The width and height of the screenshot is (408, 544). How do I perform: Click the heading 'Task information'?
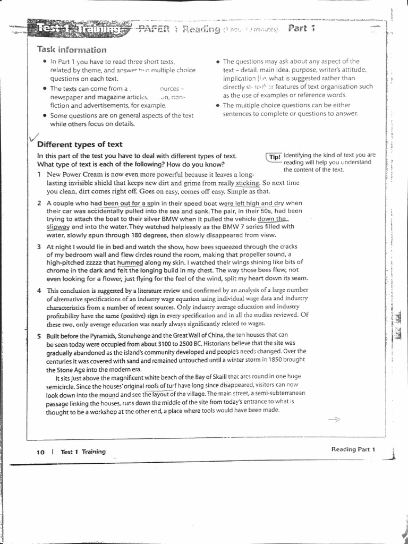point(71,50)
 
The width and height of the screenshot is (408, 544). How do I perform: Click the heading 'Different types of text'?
point(80,144)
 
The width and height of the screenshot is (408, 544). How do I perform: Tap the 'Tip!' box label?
point(274,157)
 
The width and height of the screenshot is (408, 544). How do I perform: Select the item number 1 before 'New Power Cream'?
point(39,174)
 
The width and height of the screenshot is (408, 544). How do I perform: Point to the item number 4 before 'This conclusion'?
point(39,291)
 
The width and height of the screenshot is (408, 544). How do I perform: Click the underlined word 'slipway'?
point(58,226)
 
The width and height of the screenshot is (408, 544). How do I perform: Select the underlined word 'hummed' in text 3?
point(130,262)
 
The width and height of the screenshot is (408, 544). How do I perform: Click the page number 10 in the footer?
point(40,452)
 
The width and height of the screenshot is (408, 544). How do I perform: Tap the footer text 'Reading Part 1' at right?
point(353,449)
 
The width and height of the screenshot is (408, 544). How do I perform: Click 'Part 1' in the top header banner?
point(301,28)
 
